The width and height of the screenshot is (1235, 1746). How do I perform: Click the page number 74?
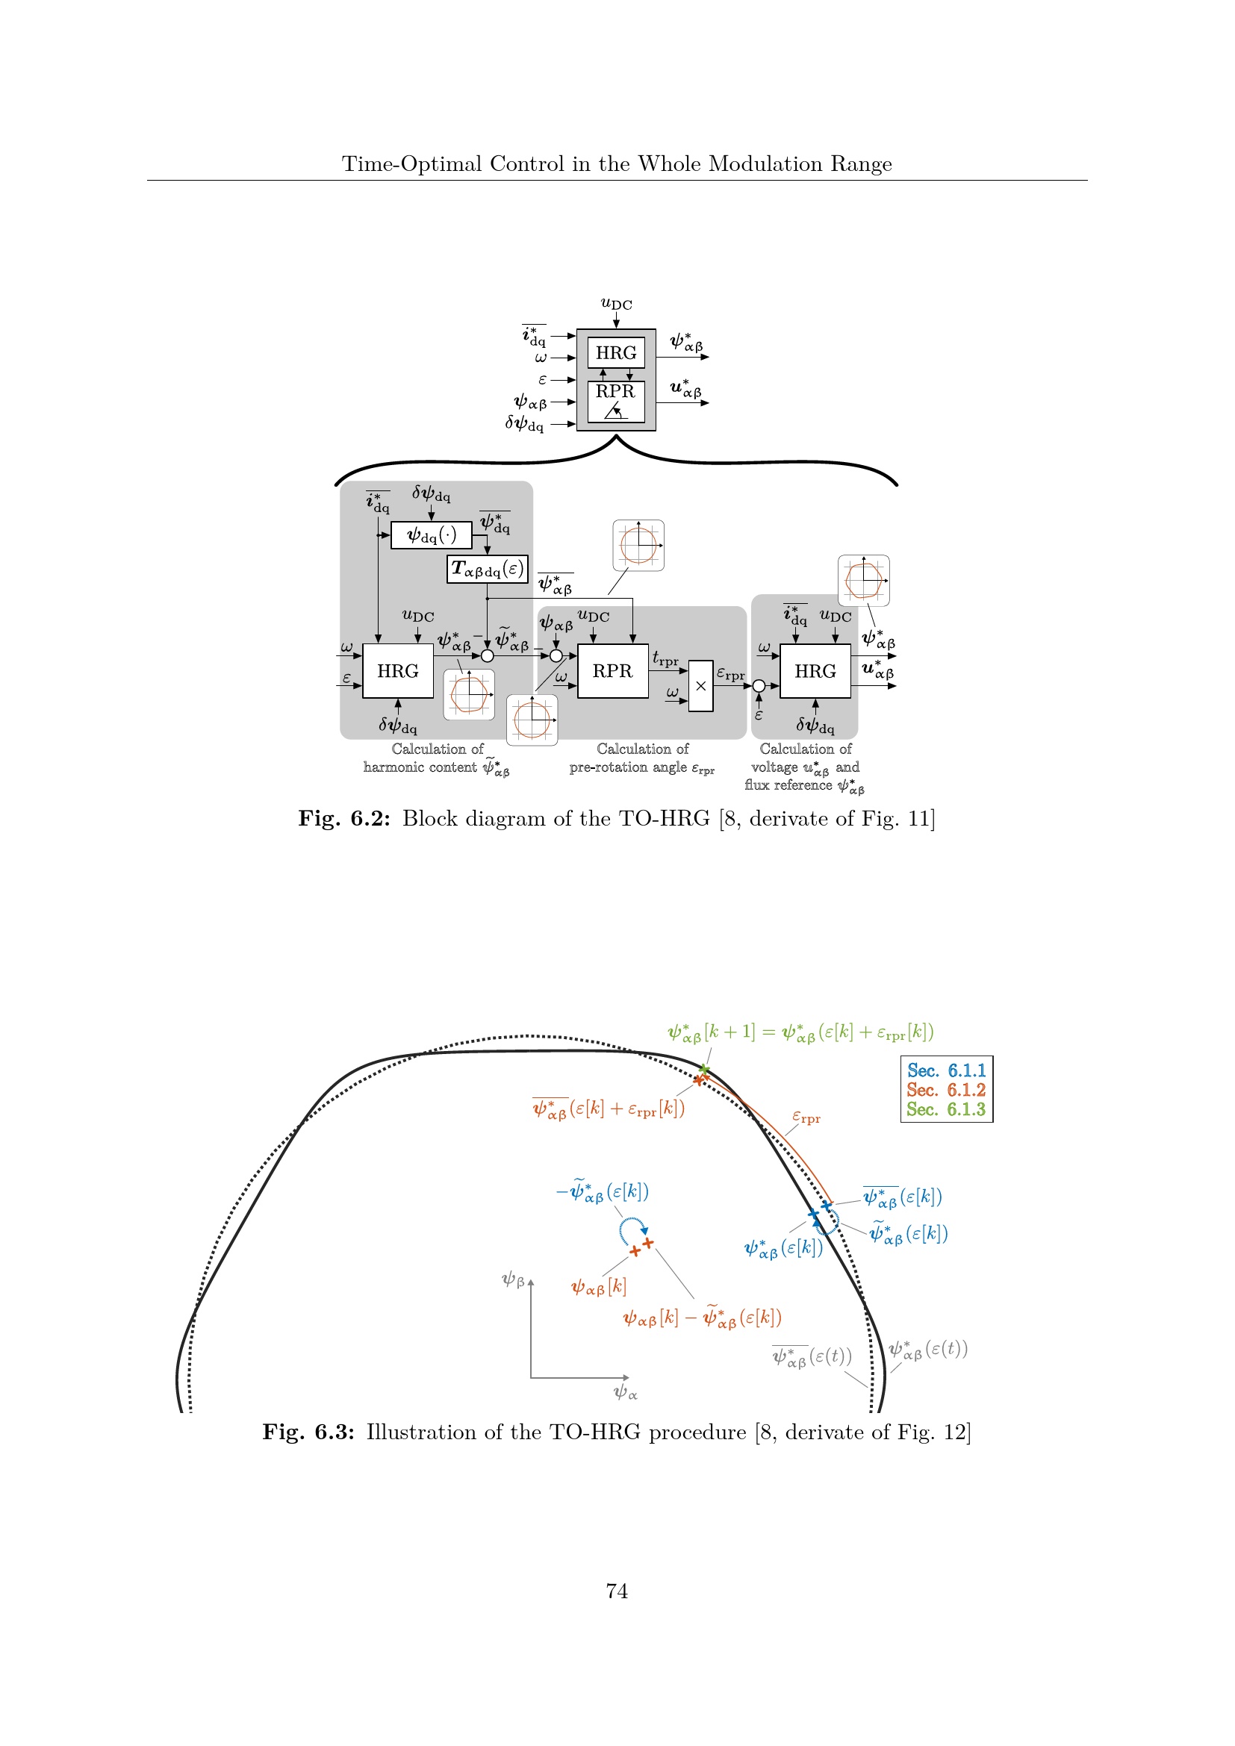click(x=617, y=1591)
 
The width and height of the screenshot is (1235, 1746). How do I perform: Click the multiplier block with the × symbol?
click(x=700, y=686)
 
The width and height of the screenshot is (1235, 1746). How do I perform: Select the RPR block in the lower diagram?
click(x=612, y=671)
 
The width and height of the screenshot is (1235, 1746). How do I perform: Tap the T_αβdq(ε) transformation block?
click(x=488, y=569)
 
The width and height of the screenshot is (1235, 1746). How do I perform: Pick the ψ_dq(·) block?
click(x=431, y=535)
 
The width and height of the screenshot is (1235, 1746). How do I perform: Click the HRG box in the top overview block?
click(x=616, y=353)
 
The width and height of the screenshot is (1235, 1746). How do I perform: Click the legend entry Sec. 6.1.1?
click(x=946, y=1070)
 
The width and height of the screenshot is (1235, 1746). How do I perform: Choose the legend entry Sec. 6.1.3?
click(x=946, y=1109)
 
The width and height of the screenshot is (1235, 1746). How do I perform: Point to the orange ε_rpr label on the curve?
click(x=806, y=1117)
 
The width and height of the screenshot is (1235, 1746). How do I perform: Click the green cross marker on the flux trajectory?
click(x=704, y=1070)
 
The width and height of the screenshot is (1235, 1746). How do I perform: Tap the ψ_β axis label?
click(x=513, y=1280)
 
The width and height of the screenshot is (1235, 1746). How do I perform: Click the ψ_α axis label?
click(x=625, y=1392)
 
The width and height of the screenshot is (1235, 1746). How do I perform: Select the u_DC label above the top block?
click(x=616, y=304)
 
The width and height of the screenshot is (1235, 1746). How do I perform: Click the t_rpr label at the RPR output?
click(x=665, y=659)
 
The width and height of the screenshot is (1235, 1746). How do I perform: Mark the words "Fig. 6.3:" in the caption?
click(x=308, y=1432)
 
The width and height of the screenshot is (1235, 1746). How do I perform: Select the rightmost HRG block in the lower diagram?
click(x=815, y=671)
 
